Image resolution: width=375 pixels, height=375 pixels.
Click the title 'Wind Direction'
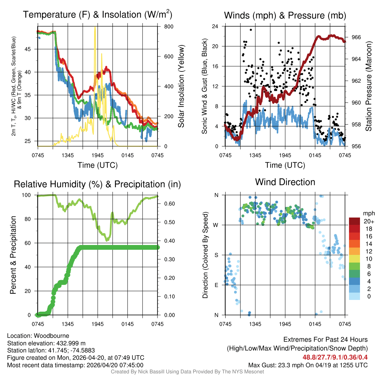coord(285,182)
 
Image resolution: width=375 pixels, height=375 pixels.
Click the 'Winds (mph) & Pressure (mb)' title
coord(285,15)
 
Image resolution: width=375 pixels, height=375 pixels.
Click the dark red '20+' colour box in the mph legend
coord(354,221)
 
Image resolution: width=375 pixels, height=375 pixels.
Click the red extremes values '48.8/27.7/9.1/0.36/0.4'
coord(335,357)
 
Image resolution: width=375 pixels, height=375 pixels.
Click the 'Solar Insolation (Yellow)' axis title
coord(181,86)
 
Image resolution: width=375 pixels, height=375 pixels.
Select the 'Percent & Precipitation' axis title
coord(13,255)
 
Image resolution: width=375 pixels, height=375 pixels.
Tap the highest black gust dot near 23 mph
coord(251,30)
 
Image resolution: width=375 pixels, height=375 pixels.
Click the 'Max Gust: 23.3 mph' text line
coord(308,365)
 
